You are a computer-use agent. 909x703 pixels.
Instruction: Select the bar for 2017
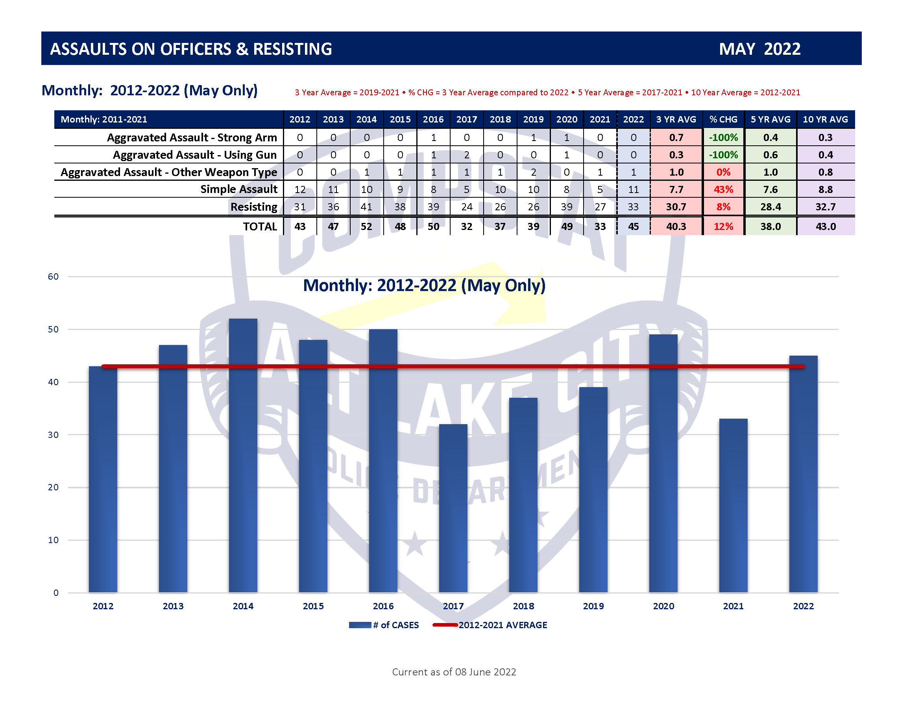(x=453, y=508)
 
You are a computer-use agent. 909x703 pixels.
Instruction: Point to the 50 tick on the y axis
(x=53, y=329)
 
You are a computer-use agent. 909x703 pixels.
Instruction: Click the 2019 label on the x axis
(x=593, y=606)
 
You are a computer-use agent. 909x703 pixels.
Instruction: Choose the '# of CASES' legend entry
(x=384, y=625)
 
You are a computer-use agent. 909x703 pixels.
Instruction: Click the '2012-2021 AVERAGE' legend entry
(x=490, y=625)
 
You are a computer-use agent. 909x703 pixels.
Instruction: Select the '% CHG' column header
(x=723, y=119)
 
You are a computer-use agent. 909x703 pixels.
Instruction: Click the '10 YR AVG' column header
(x=825, y=119)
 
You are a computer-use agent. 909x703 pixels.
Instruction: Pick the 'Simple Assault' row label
(x=238, y=189)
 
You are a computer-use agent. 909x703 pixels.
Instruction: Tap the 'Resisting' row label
(x=253, y=207)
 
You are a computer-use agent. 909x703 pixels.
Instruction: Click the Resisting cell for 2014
(x=366, y=207)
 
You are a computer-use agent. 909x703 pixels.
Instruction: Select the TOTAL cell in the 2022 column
(x=633, y=226)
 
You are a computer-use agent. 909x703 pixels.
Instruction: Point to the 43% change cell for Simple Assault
(x=723, y=189)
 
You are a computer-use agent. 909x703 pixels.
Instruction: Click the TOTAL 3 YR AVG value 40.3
(x=676, y=226)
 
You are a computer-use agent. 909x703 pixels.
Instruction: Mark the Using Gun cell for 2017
(x=467, y=155)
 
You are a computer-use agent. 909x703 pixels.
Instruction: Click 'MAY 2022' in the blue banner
(x=759, y=49)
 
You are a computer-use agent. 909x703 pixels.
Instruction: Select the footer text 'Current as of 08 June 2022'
(x=454, y=672)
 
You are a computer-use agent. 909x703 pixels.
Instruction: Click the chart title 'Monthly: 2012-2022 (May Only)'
(x=424, y=285)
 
